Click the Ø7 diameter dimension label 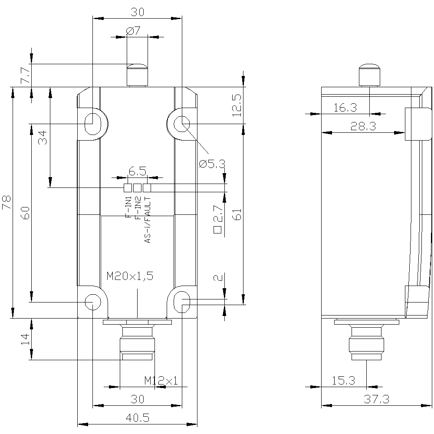(x=133, y=31)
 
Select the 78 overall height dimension (x=6, y=203)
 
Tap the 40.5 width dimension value (x=137, y=418)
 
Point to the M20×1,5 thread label (x=130, y=276)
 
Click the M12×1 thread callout (x=161, y=381)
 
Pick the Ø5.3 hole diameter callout (x=212, y=164)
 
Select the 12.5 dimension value (x=236, y=105)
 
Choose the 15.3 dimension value (x=343, y=381)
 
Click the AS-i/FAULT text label (x=148, y=219)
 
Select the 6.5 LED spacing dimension (x=137, y=171)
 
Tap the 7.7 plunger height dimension (x=25, y=76)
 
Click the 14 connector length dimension (x=25, y=339)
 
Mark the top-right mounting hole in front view (x=181, y=124)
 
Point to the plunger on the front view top (x=137, y=74)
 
